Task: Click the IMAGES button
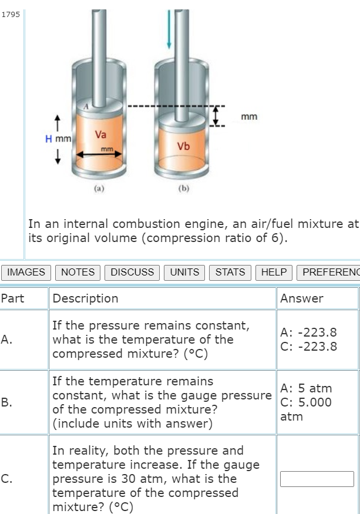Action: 26,272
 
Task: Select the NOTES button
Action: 78,272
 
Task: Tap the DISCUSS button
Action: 132,272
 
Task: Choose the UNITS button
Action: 184,272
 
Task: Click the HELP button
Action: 274,272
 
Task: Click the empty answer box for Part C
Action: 317,479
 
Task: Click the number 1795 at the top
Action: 11,15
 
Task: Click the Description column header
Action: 85,298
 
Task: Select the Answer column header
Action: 301,298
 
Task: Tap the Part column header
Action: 12,298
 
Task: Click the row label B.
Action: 6,402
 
